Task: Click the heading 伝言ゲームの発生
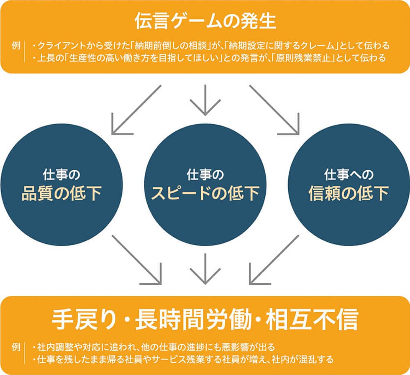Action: click(205, 21)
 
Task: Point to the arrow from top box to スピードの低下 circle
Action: click(205, 101)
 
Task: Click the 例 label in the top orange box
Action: click(17, 45)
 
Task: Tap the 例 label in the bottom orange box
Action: click(17, 346)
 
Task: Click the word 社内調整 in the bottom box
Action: click(53, 346)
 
